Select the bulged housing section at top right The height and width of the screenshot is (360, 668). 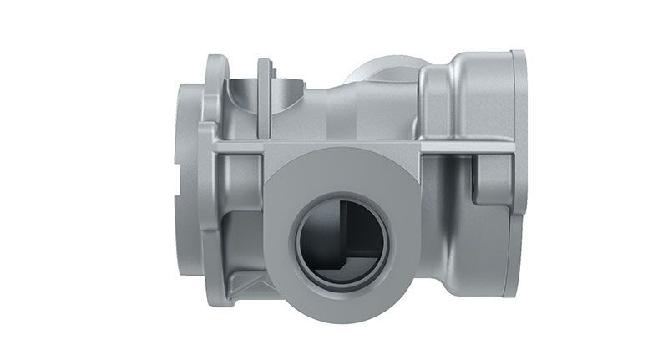click(468, 92)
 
